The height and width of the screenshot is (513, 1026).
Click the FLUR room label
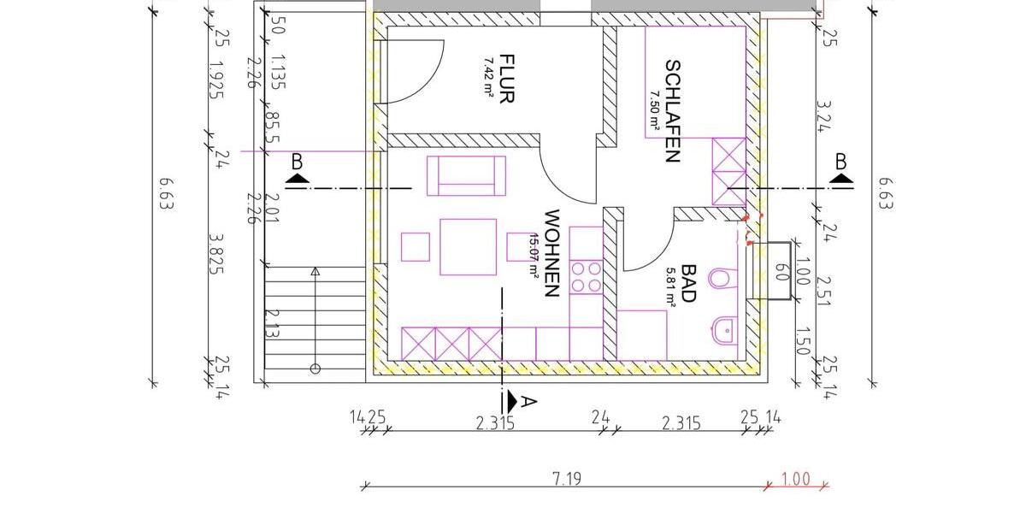coord(506,79)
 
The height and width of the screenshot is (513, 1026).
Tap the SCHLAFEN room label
coord(672,111)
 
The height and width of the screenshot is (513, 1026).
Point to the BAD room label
coord(689,284)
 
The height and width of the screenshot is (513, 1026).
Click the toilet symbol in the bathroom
coord(722,279)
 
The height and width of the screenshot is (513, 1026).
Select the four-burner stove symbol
coord(586,278)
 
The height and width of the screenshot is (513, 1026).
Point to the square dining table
coord(468,247)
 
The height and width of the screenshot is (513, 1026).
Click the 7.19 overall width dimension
coord(567,479)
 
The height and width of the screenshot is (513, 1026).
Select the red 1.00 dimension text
coord(796,479)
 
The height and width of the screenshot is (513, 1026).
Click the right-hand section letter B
coord(841,161)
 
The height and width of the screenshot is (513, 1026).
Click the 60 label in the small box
coord(779,272)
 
